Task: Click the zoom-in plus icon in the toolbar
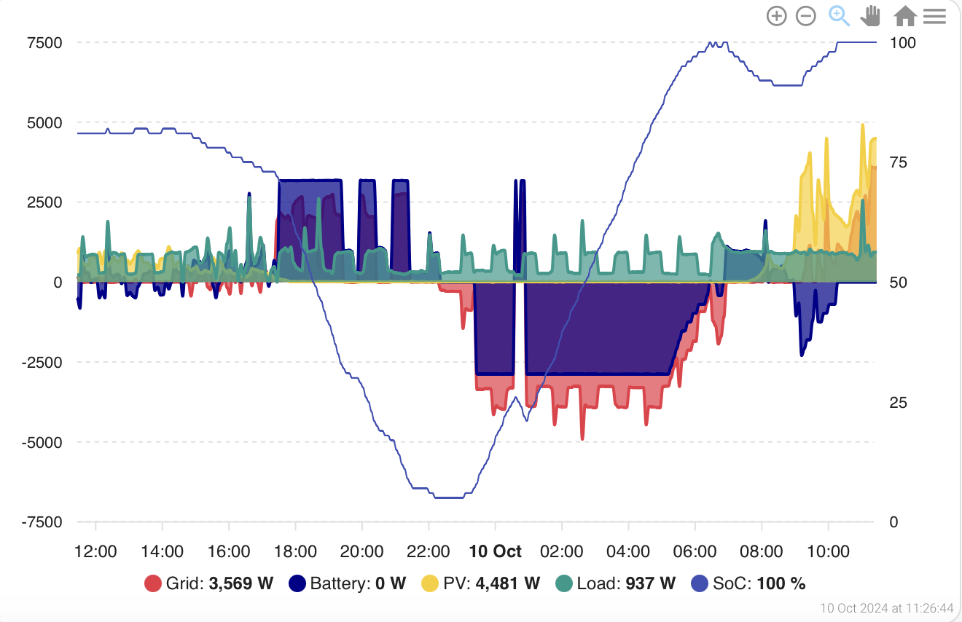(x=776, y=16)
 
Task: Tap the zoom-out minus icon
(x=806, y=16)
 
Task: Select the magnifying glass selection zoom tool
(x=839, y=16)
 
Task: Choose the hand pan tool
(x=870, y=16)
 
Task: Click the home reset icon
(x=905, y=16)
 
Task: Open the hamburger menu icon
(x=934, y=16)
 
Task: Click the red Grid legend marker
(x=153, y=583)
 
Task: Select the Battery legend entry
(x=348, y=583)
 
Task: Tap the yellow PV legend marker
(x=430, y=583)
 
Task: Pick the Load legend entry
(x=615, y=583)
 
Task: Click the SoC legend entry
(x=748, y=583)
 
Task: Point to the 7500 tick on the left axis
(x=44, y=43)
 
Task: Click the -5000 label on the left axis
(x=42, y=443)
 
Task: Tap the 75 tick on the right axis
(x=898, y=162)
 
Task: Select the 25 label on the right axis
(x=898, y=403)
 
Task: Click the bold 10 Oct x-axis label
(x=495, y=551)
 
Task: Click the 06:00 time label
(x=695, y=551)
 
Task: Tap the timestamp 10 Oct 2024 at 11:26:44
(x=887, y=608)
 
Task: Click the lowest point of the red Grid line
(x=582, y=439)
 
